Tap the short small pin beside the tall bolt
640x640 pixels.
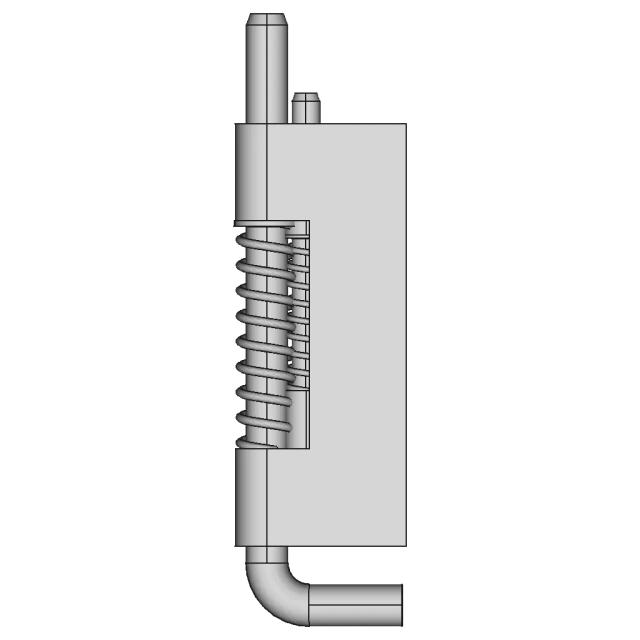pos(305,106)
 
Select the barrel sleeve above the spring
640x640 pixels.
pos(250,170)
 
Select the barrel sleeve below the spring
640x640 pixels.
pos(250,495)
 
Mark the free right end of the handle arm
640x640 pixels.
pos(401,604)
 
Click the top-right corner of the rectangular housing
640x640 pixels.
pos(405,124)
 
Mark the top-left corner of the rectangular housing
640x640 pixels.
pos(234,124)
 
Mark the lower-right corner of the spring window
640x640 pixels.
pos(309,447)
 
